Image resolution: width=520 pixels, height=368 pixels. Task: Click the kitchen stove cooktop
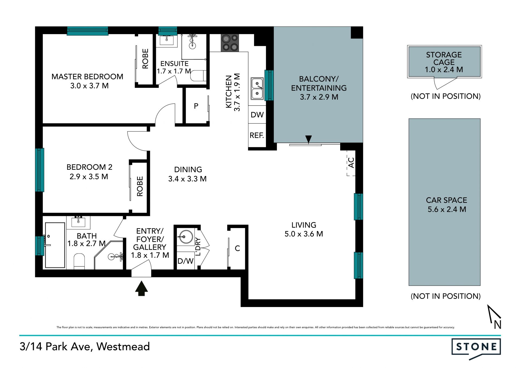(x=230, y=43)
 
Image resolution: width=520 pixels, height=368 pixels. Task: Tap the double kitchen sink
(x=257, y=89)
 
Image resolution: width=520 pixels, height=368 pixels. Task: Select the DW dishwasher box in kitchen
(x=257, y=115)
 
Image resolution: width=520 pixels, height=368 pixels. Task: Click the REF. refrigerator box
(x=257, y=135)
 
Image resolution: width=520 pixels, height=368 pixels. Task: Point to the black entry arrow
(x=141, y=288)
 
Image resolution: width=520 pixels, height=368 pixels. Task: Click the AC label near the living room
(x=351, y=163)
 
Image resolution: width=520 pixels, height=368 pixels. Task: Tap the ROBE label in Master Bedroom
(x=145, y=59)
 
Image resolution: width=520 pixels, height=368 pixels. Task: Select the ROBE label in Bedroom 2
(x=140, y=186)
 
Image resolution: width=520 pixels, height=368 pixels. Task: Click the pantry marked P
(x=196, y=106)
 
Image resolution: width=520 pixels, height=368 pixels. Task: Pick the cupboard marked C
(x=237, y=248)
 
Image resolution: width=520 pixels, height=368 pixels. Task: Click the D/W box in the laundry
(x=186, y=261)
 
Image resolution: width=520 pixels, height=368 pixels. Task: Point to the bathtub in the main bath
(x=55, y=245)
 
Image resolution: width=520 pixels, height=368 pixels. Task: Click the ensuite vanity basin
(x=166, y=40)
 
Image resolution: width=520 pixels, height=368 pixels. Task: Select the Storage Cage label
(x=444, y=58)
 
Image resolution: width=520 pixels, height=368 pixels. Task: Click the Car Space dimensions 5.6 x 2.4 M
(x=447, y=209)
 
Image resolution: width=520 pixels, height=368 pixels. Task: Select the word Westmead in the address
(x=123, y=347)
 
